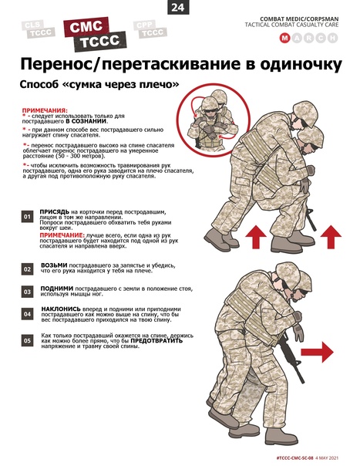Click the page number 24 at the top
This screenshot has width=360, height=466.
[x=178, y=7]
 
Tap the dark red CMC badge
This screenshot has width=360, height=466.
[x=86, y=27]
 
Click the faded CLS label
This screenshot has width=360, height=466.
[x=32, y=25]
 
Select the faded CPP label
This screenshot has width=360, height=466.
[x=145, y=25]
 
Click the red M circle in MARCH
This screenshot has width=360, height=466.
[x=284, y=38]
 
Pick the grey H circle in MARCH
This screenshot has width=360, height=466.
[x=333, y=38]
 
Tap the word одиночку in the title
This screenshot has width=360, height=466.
[x=301, y=65]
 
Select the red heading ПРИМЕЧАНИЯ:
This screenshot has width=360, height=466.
[x=45, y=110]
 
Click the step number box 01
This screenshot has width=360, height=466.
[x=27, y=217]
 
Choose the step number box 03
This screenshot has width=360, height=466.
[x=27, y=292]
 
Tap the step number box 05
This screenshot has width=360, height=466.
[x=27, y=340]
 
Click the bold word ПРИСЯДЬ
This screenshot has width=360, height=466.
[x=55, y=212]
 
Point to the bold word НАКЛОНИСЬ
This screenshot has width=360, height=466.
[x=61, y=309]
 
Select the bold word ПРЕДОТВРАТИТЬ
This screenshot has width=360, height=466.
[x=156, y=340]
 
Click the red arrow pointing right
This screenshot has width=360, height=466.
[x=318, y=352]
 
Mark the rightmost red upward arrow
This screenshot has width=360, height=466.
[x=331, y=237]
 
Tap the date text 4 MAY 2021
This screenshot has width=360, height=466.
[x=327, y=458]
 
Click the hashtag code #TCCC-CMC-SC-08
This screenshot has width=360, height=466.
[x=294, y=458]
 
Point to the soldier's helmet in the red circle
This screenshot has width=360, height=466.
[x=210, y=103]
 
